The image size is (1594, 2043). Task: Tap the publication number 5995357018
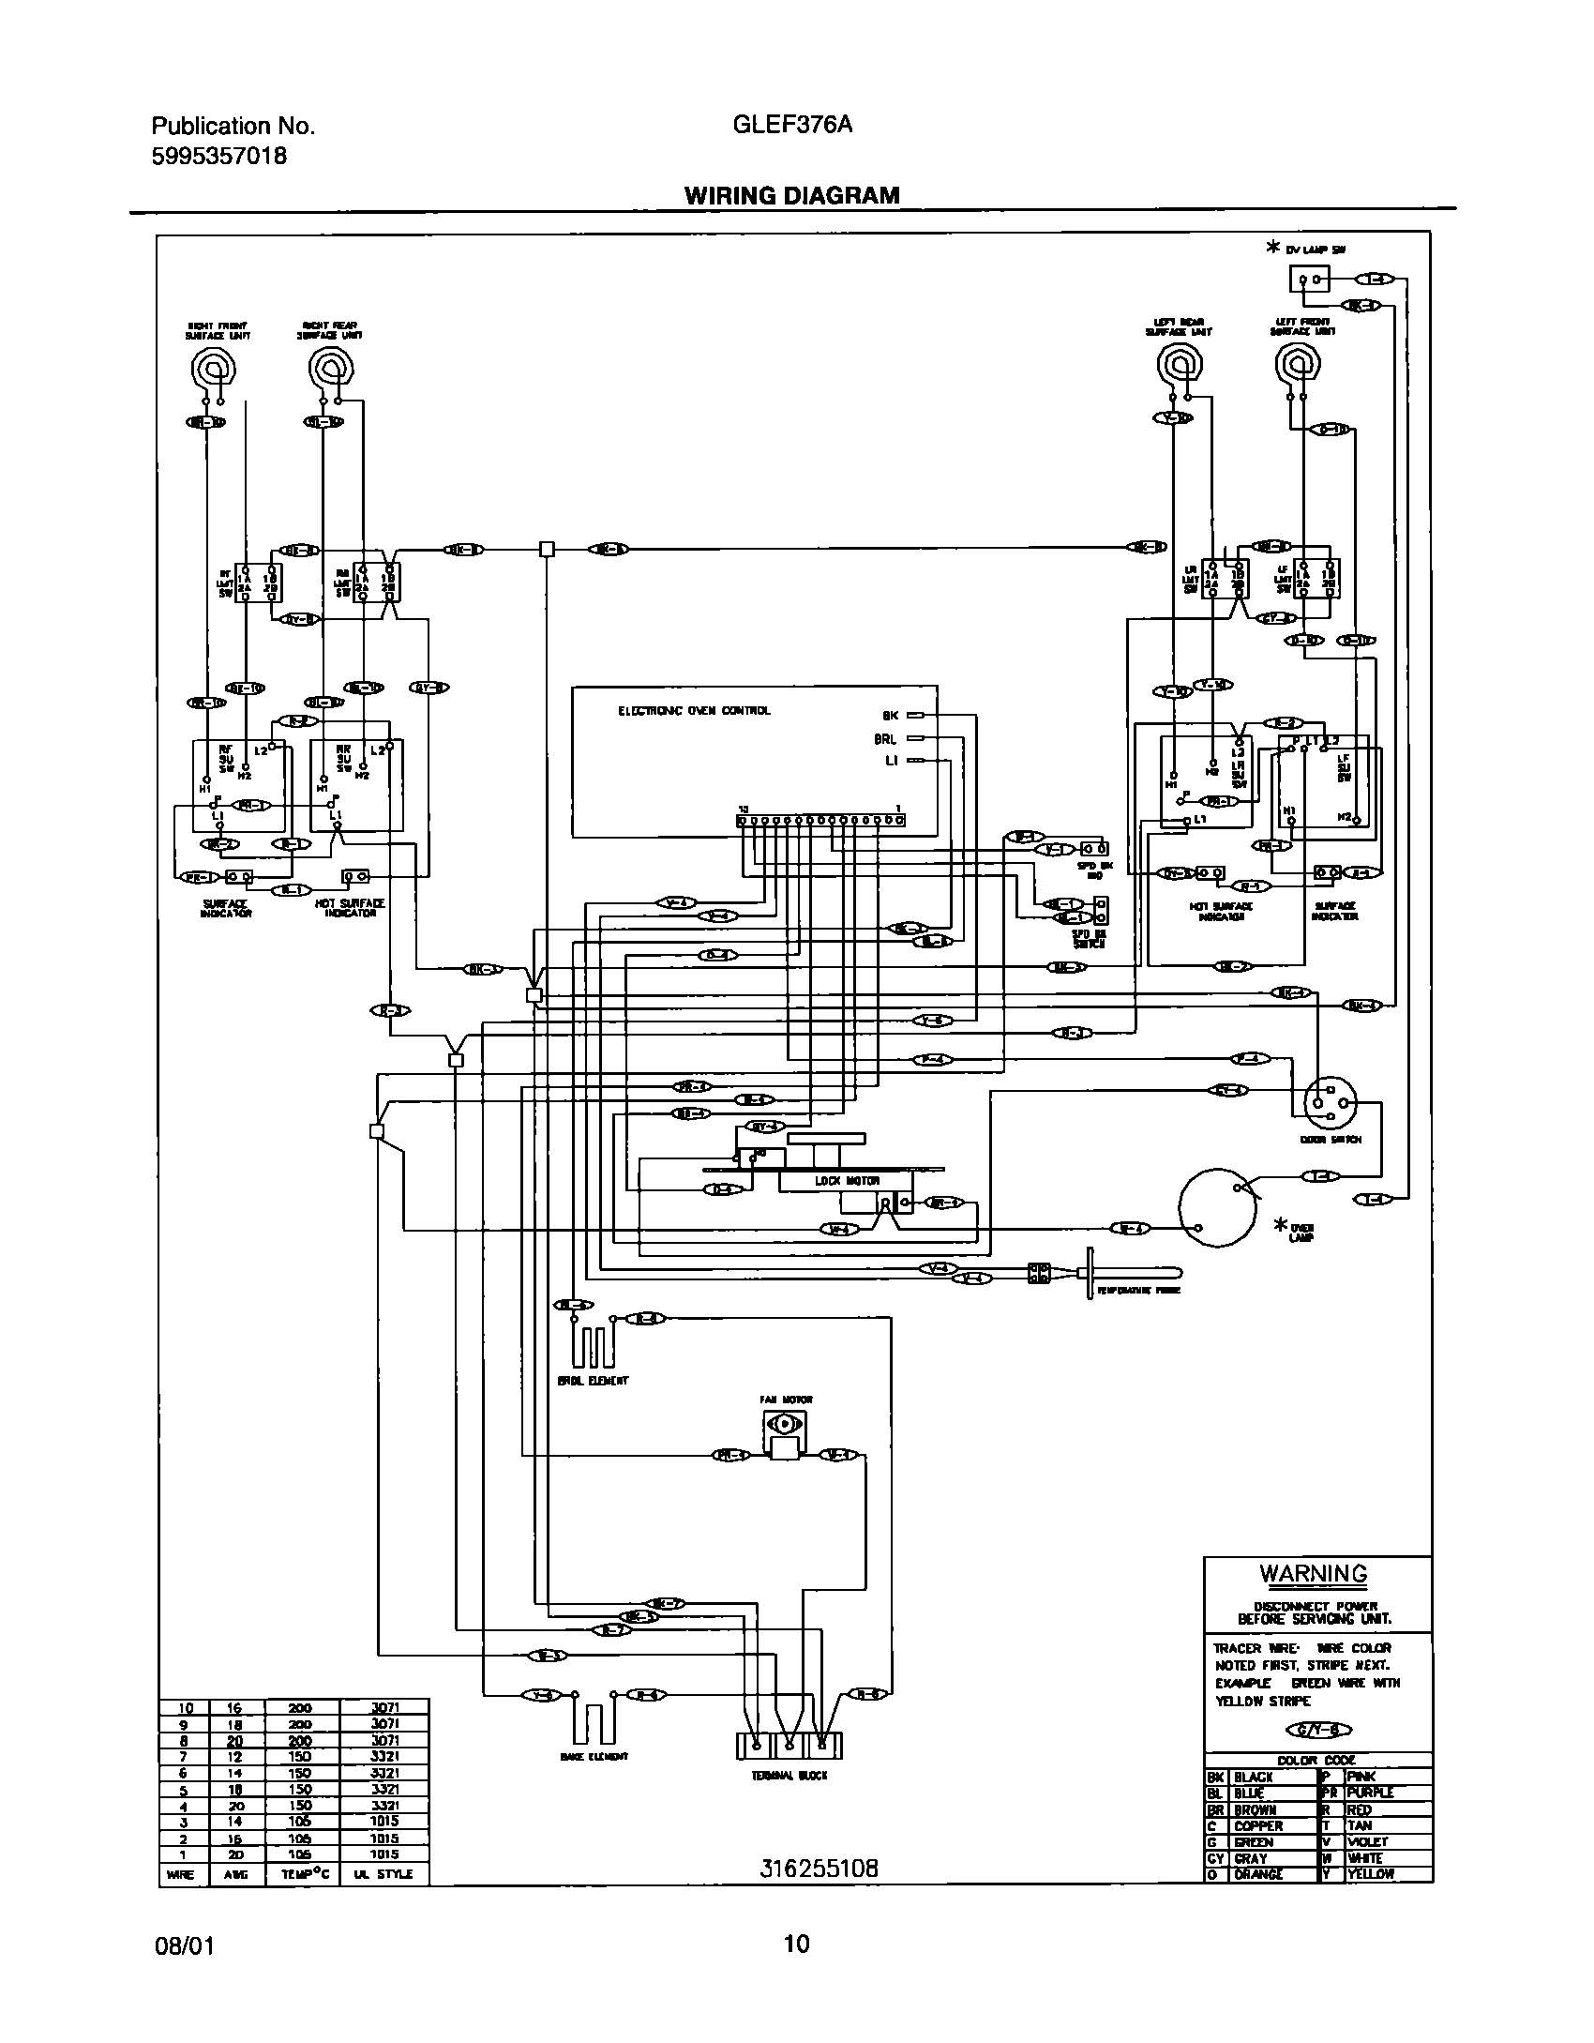click(x=219, y=156)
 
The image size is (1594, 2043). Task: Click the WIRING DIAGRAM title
click(x=791, y=195)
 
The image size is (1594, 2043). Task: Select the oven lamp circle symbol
click(x=1216, y=1207)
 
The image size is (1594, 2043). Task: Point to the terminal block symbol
click(x=789, y=1746)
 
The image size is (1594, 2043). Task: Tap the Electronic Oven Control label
click(x=694, y=711)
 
